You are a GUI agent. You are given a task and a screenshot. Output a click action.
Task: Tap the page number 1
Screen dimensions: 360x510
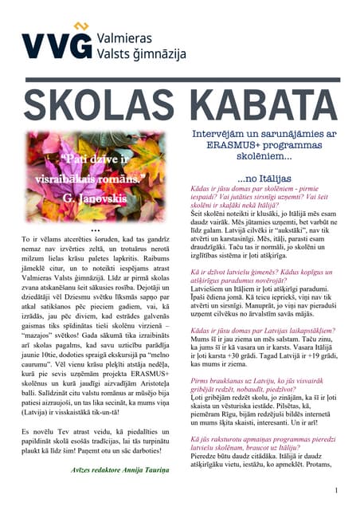click(x=337, y=490)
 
